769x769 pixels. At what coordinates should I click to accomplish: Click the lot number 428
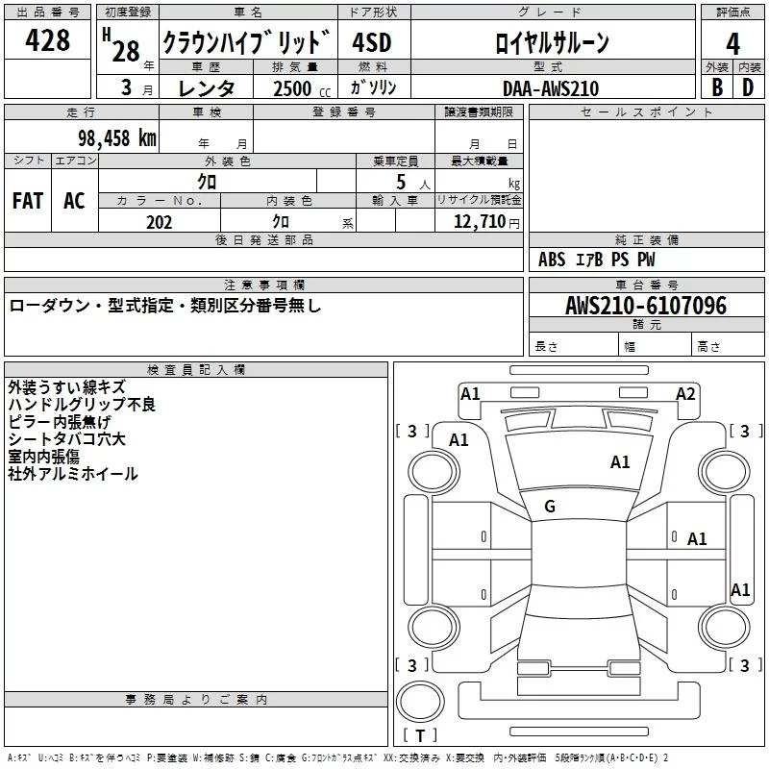[x=48, y=40]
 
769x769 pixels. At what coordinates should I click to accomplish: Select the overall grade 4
[x=733, y=43]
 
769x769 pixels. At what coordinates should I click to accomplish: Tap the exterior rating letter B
[x=716, y=87]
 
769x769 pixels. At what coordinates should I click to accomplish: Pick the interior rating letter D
[x=749, y=87]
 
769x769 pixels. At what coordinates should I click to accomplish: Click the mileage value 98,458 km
[x=116, y=137]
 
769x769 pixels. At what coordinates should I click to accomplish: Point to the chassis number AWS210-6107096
[x=646, y=306]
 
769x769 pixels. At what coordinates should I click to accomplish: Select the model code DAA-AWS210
[x=551, y=87]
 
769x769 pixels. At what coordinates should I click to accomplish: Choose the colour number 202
[x=159, y=222]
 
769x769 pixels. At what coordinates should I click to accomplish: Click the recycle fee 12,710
[x=480, y=222]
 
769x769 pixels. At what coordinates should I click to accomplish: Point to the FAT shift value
[x=28, y=201]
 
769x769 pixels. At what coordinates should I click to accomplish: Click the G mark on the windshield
[x=550, y=506]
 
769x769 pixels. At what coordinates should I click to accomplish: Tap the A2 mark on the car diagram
[x=685, y=393]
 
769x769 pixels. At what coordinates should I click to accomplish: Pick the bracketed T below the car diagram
[x=420, y=735]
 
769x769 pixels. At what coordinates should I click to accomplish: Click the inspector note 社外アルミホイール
[x=73, y=474]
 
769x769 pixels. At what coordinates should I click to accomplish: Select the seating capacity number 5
[x=400, y=182]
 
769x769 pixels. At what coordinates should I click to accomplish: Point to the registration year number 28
[x=125, y=50]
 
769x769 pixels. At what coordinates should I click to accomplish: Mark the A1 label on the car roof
[x=621, y=462]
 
